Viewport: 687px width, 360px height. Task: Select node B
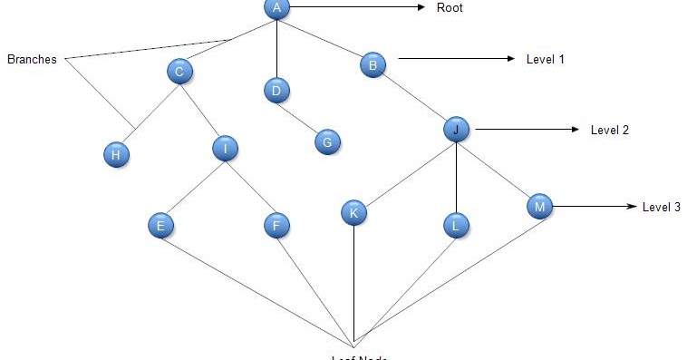coord(373,64)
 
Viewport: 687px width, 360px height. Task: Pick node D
coord(276,90)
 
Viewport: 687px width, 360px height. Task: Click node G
coord(328,141)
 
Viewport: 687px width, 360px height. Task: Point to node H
coord(116,155)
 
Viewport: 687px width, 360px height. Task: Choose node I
coord(225,149)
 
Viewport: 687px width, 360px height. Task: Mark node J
coord(456,130)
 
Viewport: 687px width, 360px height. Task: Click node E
coord(160,225)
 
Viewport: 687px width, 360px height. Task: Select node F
coord(276,225)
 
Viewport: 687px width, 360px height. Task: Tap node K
coord(353,213)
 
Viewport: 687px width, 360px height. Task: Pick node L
coord(456,224)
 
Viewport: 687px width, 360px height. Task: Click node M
coord(539,207)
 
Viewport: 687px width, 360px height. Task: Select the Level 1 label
coord(546,60)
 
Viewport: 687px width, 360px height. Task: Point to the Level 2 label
coord(609,130)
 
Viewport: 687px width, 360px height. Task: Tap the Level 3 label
coord(662,207)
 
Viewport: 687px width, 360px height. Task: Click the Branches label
coord(32,60)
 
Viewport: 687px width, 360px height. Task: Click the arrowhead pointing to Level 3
coord(633,207)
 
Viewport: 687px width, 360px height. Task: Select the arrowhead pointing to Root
coord(421,7)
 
